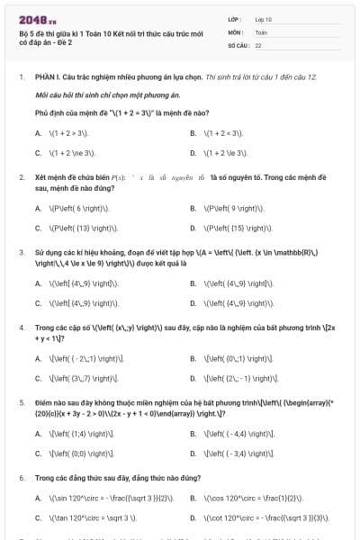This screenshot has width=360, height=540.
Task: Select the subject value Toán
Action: (262, 31)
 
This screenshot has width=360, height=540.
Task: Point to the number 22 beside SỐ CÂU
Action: (258, 44)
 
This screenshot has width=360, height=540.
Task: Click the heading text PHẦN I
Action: (49, 77)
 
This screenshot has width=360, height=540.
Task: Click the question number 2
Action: (21, 178)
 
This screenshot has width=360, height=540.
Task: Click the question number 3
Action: (21, 253)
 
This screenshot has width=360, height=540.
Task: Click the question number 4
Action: (21, 328)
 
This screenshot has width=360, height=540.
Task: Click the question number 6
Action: (21, 478)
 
